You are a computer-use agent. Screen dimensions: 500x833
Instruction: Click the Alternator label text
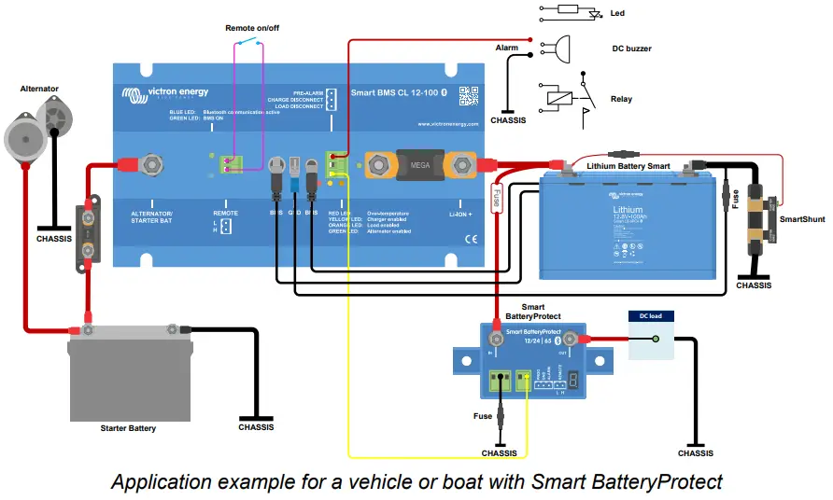point(39,89)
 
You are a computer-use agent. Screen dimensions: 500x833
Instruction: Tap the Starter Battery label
point(128,428)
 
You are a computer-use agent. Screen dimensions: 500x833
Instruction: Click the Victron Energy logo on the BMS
point(165,93)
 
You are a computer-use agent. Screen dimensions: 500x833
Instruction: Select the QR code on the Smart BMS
point(468,95)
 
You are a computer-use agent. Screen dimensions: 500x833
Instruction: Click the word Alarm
point(506,47)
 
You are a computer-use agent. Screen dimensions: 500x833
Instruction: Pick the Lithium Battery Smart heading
point(628,166)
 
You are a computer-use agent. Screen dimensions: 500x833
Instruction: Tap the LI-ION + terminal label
point(461,213)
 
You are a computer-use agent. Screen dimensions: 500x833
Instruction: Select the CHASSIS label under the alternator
point(52,237)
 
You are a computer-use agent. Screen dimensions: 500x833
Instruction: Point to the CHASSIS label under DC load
point(695,452)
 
